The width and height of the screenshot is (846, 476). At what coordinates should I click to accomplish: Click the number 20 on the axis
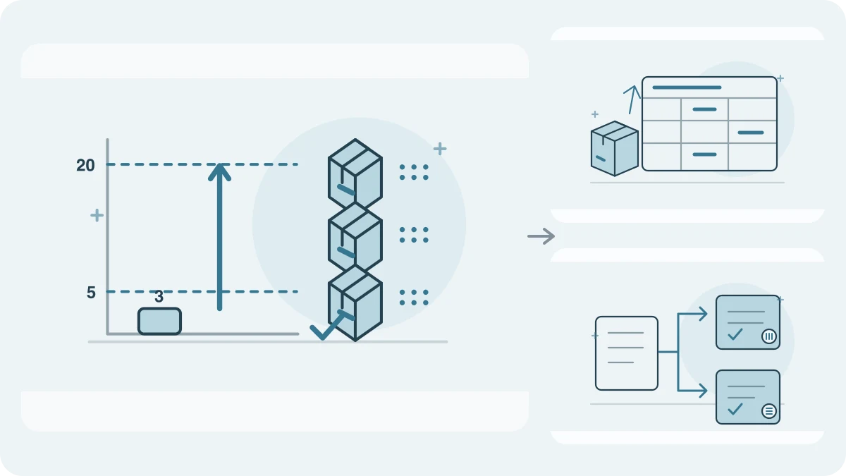click(85, 165)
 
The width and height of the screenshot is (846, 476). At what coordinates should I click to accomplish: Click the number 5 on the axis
click(91, 293)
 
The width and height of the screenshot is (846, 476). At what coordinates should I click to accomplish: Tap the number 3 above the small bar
click(159, 297)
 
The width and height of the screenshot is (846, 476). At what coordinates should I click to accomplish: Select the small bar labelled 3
click(159, 321)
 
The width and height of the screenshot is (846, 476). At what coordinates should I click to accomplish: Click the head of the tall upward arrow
click(219, 172)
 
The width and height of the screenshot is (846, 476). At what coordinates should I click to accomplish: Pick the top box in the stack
click(355, 173)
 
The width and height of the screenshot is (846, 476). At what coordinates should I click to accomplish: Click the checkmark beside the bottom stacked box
click(327, 325)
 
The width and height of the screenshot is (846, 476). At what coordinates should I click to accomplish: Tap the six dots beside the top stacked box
click(414, 172)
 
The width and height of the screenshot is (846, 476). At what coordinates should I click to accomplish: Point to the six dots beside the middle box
click(414, 235)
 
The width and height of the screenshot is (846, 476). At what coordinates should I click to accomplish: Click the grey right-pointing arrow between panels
click(541, 236)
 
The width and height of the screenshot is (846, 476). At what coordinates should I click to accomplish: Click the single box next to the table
click(615, 149)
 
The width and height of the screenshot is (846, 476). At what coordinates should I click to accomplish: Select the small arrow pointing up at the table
click(632, 99)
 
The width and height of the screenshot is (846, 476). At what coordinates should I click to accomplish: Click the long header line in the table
click(687, 87)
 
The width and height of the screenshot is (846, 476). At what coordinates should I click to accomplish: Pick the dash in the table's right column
click(751, 133)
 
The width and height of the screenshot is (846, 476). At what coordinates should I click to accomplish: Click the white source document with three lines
click(627, 353)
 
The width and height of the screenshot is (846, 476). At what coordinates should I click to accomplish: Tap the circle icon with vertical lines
click(768, 336)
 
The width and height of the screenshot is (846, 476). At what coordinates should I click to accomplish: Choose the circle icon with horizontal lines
click(768, 411)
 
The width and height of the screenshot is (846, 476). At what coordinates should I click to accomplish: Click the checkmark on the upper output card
click(735, 334)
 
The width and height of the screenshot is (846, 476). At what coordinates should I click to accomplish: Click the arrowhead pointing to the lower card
click(703, 391)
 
